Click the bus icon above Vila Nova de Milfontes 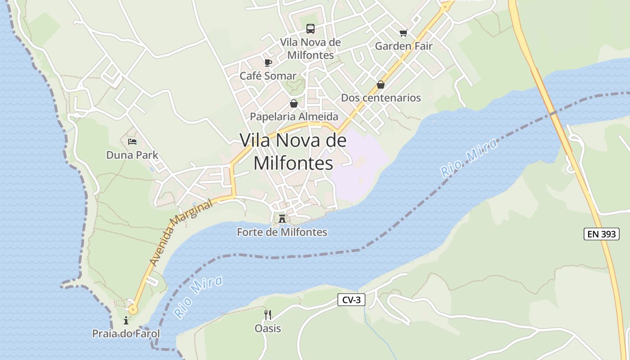coord(310,29)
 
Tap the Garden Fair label coord(404,46)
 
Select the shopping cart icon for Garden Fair coord(403,33)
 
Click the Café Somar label coord(268,76)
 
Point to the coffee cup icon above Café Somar coord(268,63)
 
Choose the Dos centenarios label coord(381,98)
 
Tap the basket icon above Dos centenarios coord(381,85)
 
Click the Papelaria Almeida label coord(294,117)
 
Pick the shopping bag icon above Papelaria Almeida coord(294,103)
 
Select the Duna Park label coord(132,155)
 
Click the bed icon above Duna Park coord(132,142)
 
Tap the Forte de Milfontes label coord(282,232)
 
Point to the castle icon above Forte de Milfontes coord(282,219)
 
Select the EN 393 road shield coord(602,234)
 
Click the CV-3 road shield coord(351,300)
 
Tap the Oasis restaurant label coord(268,328)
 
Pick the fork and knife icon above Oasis coord(268,315)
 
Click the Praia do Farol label coord(126,334)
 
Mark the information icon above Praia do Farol coord(126,321)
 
